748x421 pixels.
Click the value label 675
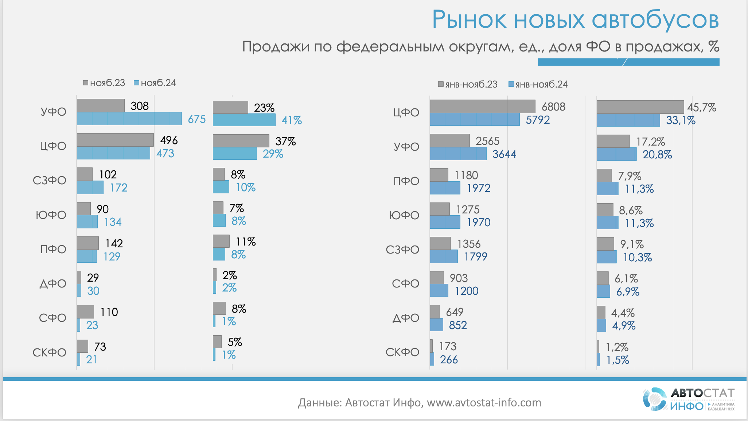(x=197, y=119)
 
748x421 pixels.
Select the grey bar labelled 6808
(x=482, y=106)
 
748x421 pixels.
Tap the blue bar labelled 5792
(x=475, y=120)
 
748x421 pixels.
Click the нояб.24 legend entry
(x=155, y=83)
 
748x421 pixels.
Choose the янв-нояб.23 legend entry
(x=468, y=85)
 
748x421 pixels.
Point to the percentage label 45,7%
(x=701, y=108)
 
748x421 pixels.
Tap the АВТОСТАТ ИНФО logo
(x=688, y=399)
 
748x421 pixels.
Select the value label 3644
(x=504, y=154)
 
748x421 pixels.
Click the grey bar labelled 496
(x=115, y=140)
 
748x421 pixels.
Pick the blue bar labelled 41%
(x=244, y=120)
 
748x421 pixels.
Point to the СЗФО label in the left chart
(x=50, y=181)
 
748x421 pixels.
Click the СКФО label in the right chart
(x=402, y=352)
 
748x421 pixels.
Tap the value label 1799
(x=475, y=257)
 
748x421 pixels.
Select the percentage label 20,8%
(x=657, y=155)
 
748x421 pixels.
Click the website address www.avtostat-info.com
(x=484, y=403)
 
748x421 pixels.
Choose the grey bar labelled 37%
(x=241, y=141)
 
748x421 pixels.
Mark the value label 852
(x=458, y=325)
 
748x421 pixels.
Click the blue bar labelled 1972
(x=445, y=188)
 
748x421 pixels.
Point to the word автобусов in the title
(x=655, y=20)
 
